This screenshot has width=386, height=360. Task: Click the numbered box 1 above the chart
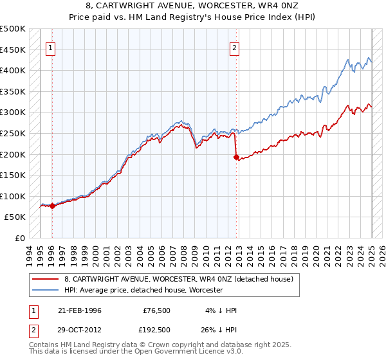(50, 47)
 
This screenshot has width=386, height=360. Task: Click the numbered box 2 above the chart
(235, 47)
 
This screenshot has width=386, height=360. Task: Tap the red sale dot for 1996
(51, 206)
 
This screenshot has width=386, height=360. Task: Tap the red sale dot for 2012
(236, 157)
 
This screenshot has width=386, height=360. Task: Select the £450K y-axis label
(13, 50)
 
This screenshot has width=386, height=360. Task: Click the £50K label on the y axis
(15, 217)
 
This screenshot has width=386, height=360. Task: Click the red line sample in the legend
(45, 279)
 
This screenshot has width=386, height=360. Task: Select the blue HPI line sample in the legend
(45, 290)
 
